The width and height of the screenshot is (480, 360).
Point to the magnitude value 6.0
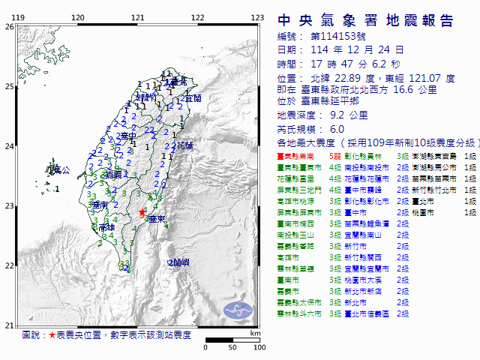click(x=316, y=128)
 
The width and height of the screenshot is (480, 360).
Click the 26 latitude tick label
click(x=8, y=26)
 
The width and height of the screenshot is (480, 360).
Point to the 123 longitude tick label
click(x=256, y=16)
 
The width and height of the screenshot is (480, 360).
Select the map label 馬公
click(x=61, y=171)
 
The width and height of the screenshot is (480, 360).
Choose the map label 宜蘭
click(x=193, y=98)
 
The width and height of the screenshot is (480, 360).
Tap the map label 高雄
click(x=106, y=226)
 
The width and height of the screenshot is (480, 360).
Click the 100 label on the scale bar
click(x=259, y=348)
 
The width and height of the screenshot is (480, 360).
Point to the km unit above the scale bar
click(x=256, y=332)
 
